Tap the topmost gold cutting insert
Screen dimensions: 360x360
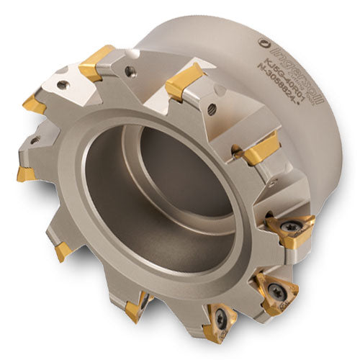[x=95, y=63]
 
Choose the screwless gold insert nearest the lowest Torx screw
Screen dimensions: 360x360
[x=133, y=310]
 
